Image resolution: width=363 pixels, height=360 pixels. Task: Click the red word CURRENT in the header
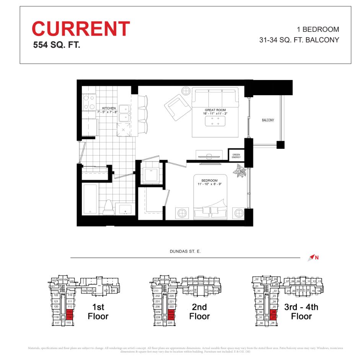click(x=81, y=29)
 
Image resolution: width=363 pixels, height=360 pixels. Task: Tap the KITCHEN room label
click(x=109, y=108)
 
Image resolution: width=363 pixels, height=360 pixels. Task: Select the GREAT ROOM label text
click(x=215, y=110)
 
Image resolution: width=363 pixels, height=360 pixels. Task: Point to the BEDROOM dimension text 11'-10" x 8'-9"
click(x=210, y=184)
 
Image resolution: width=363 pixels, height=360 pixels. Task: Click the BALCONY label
click(x=268, y=120)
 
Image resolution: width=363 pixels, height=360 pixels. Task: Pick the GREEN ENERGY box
click(x=236, y=155)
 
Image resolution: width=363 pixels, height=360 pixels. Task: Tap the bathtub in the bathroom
click(x=91, y=200)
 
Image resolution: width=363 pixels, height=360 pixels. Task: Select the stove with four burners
click(x=89, y=102)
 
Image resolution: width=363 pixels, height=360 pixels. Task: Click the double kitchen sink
click(x=124, y=113)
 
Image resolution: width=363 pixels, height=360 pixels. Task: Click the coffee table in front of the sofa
click(x=215, y=121)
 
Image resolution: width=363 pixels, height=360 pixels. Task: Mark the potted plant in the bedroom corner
click(x=240, y=171)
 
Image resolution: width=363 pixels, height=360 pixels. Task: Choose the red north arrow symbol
click(x=312, y=257)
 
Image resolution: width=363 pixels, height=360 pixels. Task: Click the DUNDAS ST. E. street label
click(x=185, y=251)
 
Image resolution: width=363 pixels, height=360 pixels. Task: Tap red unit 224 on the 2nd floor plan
click(x=171, y=317)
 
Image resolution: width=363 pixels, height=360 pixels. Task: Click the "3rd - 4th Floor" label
click(x=301, y=311)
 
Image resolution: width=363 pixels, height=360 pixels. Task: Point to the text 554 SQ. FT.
click(x=57, y=45)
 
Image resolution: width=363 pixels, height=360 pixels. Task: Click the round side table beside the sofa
click(x=186, y=91)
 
